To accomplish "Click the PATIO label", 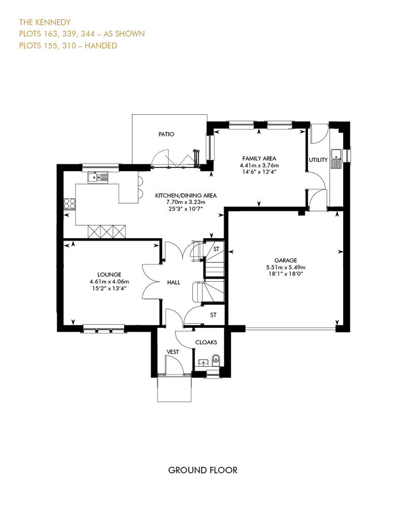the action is coord(166,134).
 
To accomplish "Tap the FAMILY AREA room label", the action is coord(259,158).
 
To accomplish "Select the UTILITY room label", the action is coord(318,160).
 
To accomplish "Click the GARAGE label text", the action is coord(286,260).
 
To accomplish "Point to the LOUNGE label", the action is coord(109,275).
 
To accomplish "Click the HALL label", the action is coord(174,282).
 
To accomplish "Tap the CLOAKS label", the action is coord(206,342).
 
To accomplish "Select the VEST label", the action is coord(173,352).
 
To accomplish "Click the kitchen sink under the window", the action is coord(98,177).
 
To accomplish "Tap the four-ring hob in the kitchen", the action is coord(69,203).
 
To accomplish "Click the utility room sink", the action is coord(336,158).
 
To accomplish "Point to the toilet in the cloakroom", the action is coord(216,360).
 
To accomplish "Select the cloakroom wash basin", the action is coord(204,362).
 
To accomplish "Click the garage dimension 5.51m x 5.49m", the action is coord(286,268).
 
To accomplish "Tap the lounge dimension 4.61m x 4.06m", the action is coord(109,282).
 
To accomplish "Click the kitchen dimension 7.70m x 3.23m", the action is coord(186,202).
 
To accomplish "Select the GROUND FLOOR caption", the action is coord(202,470).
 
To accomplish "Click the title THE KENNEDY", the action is coord(45,22).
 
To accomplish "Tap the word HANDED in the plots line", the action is coord(101,46).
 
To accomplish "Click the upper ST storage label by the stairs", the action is coord(216,249).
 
